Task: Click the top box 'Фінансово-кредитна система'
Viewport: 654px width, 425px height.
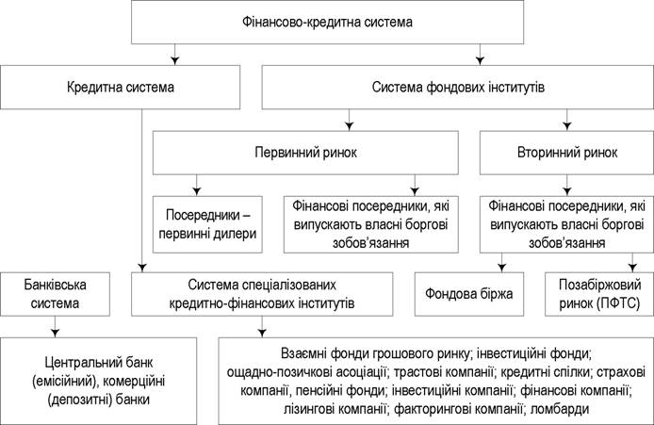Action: pos(327,22)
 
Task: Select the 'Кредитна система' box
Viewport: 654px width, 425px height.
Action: pos(120,88)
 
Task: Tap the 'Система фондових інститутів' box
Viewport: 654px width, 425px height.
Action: pos(458,88)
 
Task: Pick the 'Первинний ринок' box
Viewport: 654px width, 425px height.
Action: pos(305,153)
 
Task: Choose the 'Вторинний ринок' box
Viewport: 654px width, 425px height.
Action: pos(566,153)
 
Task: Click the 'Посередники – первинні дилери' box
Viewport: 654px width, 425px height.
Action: pos(207,224)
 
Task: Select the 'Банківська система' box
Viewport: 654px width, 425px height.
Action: pos(55,294)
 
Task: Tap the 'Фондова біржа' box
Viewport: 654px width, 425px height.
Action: pos(468,294)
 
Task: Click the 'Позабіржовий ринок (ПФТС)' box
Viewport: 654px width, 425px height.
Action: pos(599,294)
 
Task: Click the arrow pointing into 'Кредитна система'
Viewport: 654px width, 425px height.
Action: pos(175,55)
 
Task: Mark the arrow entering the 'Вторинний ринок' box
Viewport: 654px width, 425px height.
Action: pos(566,120)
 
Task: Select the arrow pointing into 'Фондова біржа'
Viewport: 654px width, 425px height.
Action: pos(501,263)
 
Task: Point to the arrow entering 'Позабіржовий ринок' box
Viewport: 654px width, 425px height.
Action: pos(632,263)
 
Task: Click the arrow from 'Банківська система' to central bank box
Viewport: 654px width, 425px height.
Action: pos(55,327)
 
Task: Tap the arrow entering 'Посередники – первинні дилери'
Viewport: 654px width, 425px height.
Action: pos(197,186)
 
